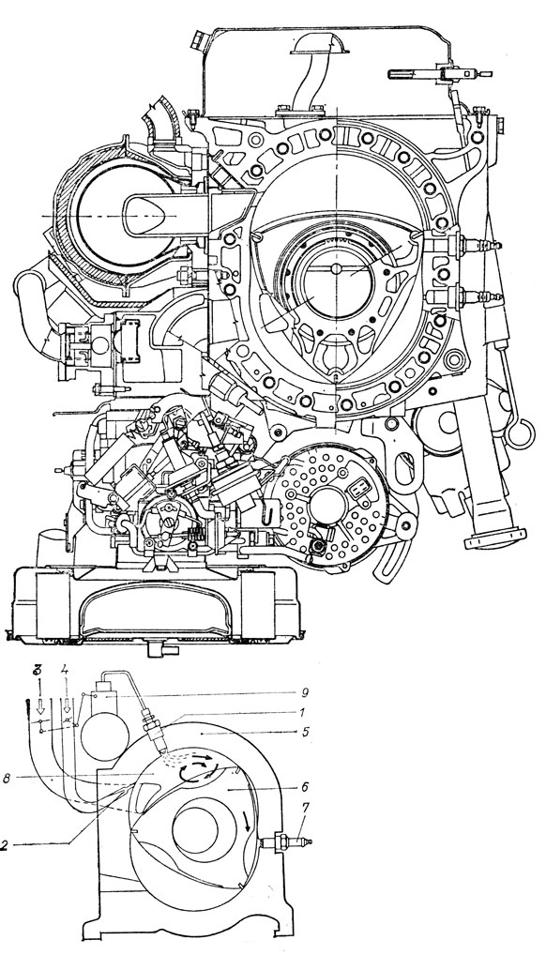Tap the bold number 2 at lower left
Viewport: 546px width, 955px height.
click(5, 845)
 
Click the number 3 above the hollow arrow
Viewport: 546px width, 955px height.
click(38, 671)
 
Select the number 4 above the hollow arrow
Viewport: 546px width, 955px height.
click(66, 671)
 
